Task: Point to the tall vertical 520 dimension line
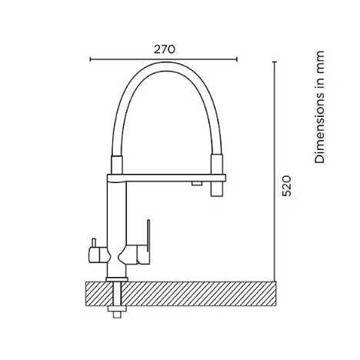pos(275,169)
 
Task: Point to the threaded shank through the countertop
pos(115,296)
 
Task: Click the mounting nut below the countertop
pos(115,311)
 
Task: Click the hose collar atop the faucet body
pos(115,163)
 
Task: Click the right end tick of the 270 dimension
pos(236,58)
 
